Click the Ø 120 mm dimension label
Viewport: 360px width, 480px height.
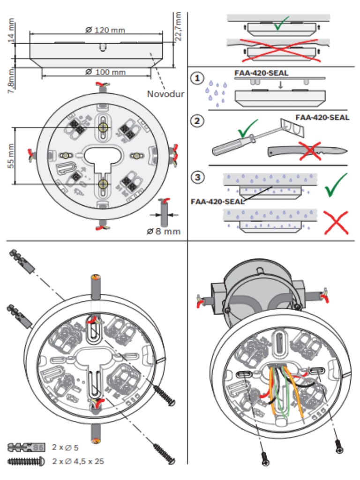pos(105,30)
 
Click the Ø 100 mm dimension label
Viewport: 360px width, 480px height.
pos(105,72)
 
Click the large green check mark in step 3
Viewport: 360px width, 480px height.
pos(335,184)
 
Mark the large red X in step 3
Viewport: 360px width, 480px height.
pos(335,222)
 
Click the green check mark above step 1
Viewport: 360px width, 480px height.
pos(282,23)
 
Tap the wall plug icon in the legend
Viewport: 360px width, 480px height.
pos(26,446)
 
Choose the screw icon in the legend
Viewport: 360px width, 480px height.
pos(26,461)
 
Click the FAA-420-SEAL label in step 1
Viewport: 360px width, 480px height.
pos(261,74)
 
